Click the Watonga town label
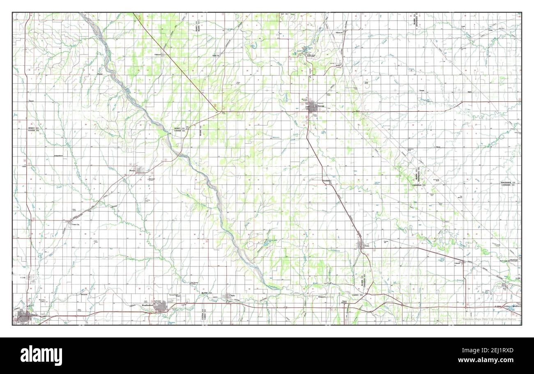tap(320, 106)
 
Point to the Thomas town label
tap(132, 171)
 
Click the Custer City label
tap(75, 225)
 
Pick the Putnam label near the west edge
tap(31, 100)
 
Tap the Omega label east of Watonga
tap(421, 90)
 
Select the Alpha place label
tap(470, 92)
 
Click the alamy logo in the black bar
tap(41, 356)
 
